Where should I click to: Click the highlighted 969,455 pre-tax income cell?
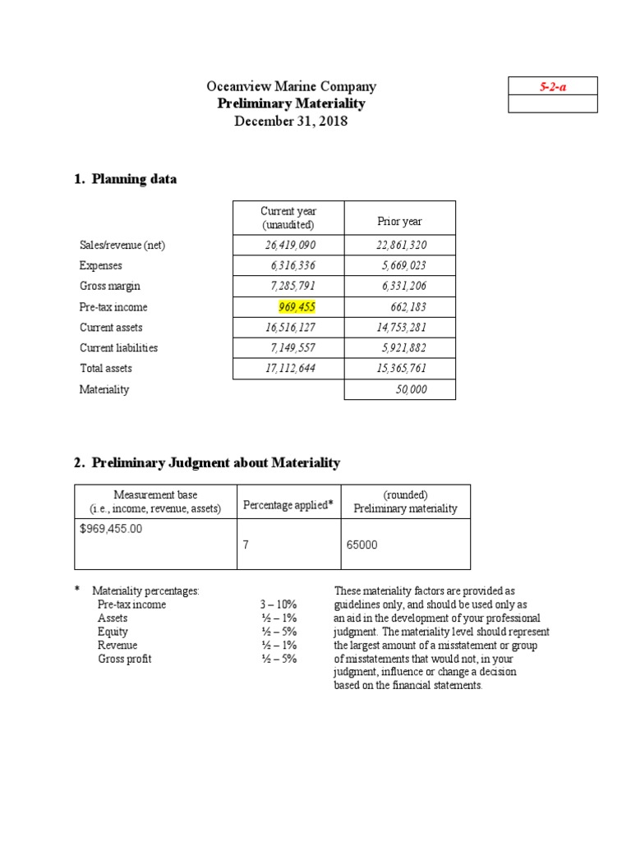pyautogui.click(x=297, y=307)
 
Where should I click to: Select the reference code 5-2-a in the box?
pyautogui.click(x=552, y=86)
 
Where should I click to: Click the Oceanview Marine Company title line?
pyautogui.click(x=291, y=86)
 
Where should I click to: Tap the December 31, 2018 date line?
pyautogui.click(x=291, y=122)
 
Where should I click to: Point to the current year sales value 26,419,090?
pyautogui.click(x=290, y=245)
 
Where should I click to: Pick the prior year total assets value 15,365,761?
pyautogui.click(x=402, y=369)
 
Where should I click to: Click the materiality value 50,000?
pyautogui.click(x=412, y=389)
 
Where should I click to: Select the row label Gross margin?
pyautogui.click(x=109, y=286)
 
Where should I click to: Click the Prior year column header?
pyautogui.click(x=399, y=222)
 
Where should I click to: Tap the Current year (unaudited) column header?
pyautogui.click(x=288, y=218)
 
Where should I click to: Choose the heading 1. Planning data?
pyautogui.click(x=125, y=179)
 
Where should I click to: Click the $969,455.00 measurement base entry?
pyautogui.click(x=111, y=529)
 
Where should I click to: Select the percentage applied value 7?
pyautogui.click(x=245, y=544)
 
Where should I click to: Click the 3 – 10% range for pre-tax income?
pyautogui.click(x=279, y=604)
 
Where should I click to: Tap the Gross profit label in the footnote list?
pyautogui.click(x=125, y=659)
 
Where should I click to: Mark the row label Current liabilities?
pyautogui.click(x=118, y=348)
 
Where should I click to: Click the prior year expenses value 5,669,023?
pyautogui.click(x=404, y=265)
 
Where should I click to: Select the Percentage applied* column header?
pyautogui.click(x=288, y=505)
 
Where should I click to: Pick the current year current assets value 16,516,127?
pyautogui.click(x=290, y=328)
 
